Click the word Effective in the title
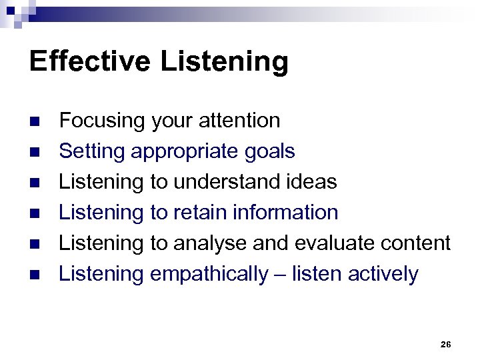tap(90, 62)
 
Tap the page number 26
tap(446, 344)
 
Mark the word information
tap(288, 213)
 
